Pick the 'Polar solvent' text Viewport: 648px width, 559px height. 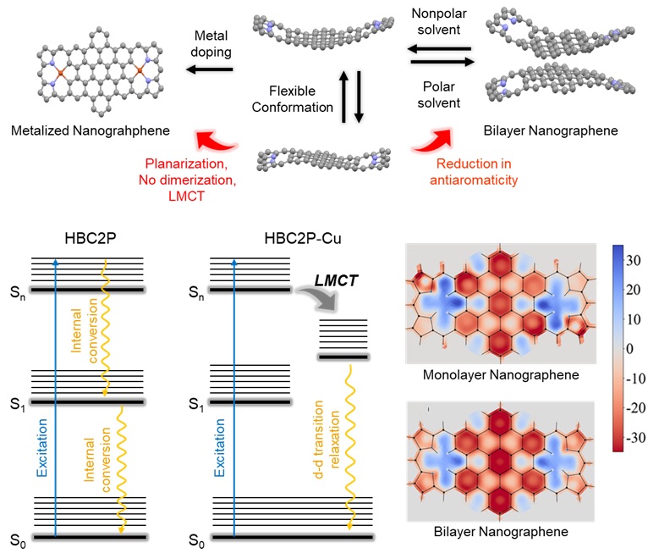[x=437, y=93]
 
